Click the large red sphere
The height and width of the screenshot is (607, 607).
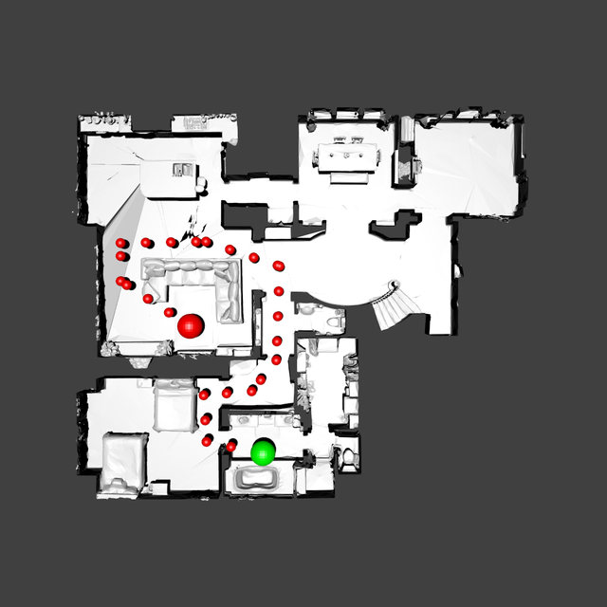pos(191,325)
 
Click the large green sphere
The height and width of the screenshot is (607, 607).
pos(263,451)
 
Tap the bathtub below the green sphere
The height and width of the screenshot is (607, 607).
pos(257,477)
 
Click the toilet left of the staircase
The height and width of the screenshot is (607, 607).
pos(333,322)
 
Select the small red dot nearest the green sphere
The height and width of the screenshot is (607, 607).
pos(231,445)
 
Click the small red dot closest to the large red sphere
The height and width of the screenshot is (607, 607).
pos(170,311)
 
